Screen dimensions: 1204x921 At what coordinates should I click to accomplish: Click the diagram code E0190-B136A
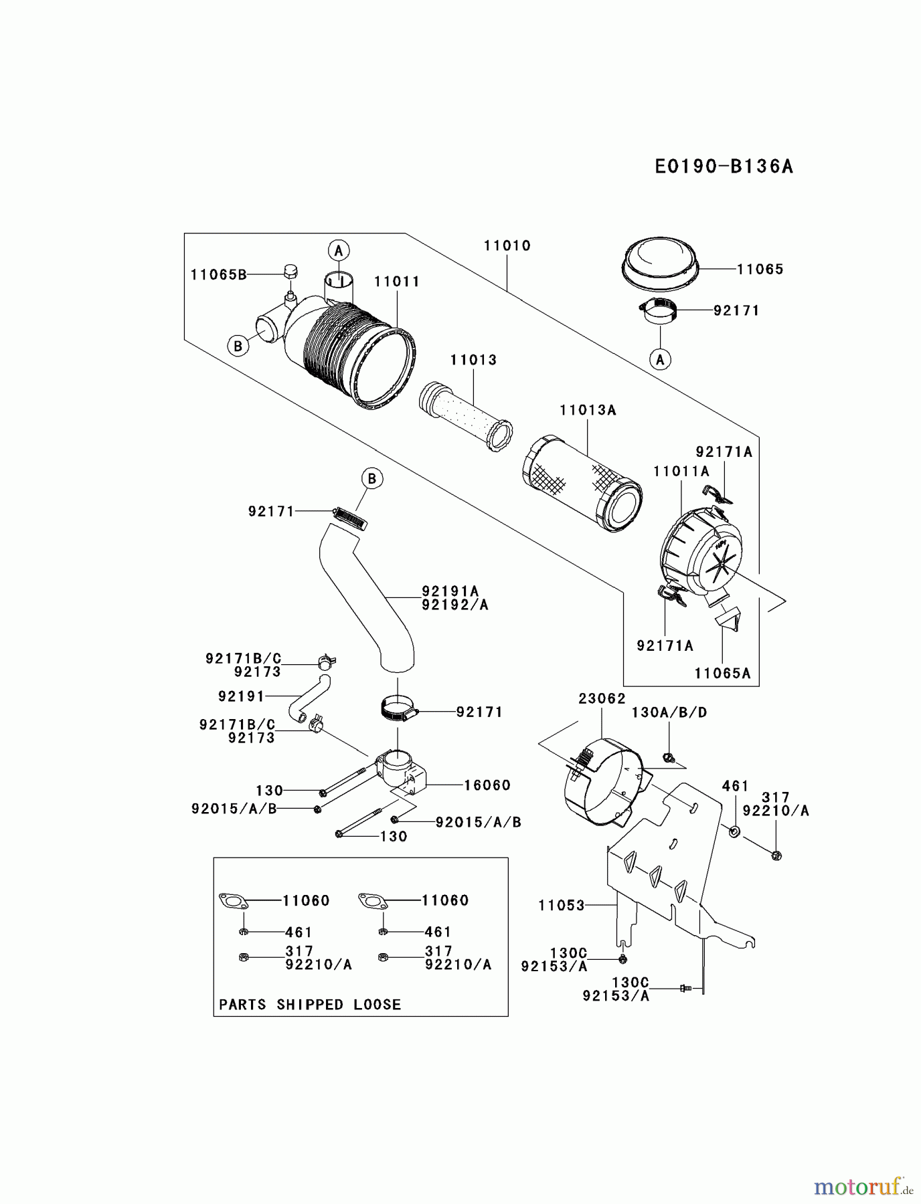click(724, 166)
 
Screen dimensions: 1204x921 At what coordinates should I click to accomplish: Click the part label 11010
click(507, 245)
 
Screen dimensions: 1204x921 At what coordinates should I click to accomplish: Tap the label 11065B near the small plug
click(218, 274)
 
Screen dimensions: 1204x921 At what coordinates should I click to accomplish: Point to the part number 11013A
click(588, 410)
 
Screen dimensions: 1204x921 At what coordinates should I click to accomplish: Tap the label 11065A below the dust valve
click(722, 674)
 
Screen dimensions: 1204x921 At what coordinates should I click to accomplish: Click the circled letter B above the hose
click(372, 479)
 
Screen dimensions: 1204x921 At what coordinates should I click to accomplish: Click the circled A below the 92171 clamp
click(660, 359)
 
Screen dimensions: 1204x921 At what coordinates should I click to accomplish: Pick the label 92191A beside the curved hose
click(450, 591)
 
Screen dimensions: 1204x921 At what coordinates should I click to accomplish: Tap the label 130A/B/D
click(669, 712)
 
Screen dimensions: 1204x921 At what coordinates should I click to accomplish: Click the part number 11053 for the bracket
click(561, 905)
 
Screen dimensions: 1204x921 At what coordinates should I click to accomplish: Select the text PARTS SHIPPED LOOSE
click(310, 1005)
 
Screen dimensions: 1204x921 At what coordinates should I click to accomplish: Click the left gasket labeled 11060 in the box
click(234, 901)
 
